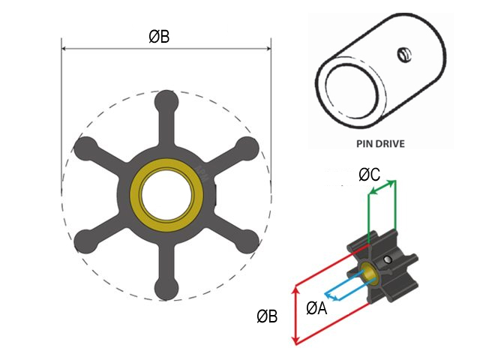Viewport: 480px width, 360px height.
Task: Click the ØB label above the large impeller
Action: click(x=159, y=35)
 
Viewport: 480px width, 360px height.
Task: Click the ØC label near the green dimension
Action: click(x=369, y=175)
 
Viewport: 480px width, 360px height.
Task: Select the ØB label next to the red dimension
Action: click(x=267, y=317)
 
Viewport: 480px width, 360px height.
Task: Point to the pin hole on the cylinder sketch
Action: click(x=403, y=54)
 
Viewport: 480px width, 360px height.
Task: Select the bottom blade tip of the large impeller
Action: click(x=166, y=289)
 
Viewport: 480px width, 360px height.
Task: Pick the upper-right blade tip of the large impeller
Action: click(x=247, y=148)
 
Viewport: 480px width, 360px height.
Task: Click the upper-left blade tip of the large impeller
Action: click(x=84, y=148)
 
